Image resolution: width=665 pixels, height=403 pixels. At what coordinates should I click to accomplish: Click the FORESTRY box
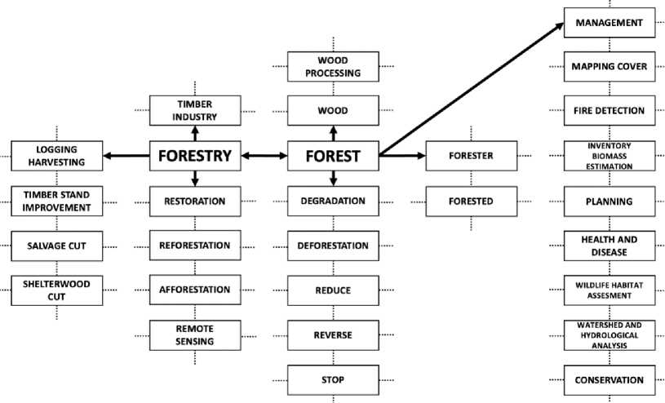194,156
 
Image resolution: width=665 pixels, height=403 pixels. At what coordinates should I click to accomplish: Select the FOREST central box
333,156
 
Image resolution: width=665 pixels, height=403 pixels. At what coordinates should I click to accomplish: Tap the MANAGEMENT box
609,22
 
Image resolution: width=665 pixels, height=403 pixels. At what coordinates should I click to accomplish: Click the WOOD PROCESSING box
333,66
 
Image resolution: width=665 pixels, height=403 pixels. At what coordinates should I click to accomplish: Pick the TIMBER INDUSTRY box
194,110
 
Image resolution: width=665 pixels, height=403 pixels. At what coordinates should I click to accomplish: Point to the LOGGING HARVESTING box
57,156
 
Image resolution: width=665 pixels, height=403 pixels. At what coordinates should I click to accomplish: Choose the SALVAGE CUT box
57,246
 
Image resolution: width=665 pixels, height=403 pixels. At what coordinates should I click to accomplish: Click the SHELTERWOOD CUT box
57,290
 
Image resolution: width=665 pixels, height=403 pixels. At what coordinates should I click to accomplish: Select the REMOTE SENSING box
194,334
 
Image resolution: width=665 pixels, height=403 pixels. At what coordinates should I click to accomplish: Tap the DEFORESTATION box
333,246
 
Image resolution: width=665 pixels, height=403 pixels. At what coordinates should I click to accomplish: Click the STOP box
333,379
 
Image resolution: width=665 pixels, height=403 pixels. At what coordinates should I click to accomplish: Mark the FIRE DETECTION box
609,111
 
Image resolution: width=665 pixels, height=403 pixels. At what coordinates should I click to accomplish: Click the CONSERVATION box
609,379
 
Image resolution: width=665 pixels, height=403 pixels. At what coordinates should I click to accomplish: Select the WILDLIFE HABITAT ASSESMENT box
609,290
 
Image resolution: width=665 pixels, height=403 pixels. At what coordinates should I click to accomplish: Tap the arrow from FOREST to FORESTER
401,156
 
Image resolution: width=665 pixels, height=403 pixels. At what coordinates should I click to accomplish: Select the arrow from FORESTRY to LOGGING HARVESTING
126,156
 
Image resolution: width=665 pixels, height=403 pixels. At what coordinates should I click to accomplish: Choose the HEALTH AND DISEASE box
609,246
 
